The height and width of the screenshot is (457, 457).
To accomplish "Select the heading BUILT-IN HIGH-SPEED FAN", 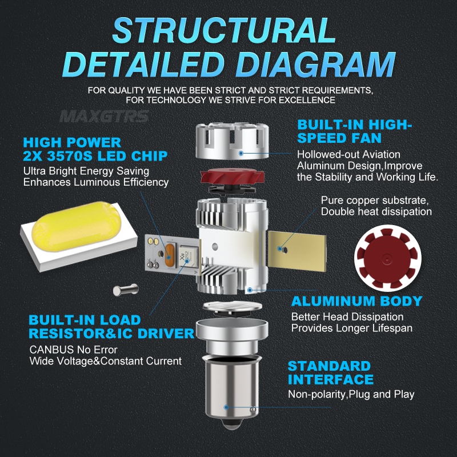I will point(354,132).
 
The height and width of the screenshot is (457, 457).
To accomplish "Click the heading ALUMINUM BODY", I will point(356,301).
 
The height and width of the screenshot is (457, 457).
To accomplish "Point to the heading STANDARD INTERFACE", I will point(330,372).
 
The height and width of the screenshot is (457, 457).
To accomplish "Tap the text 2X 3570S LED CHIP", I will point(95,156).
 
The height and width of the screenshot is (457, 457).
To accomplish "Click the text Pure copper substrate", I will point(374,201).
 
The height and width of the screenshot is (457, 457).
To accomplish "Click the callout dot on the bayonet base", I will point(227,407).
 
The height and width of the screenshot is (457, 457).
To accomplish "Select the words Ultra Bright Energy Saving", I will point(86,171).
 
